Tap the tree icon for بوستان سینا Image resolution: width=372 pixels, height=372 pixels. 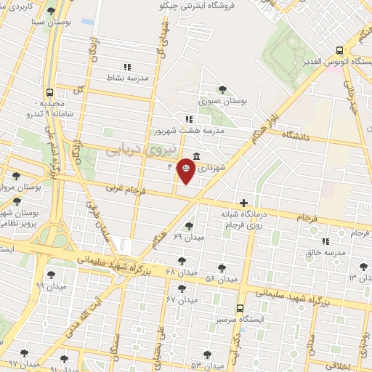pyautogui.click(x=50, y=12)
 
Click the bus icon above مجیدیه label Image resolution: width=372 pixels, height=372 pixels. pyautogui.click(x=49, y=92)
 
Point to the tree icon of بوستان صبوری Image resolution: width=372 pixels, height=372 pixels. pyautogui.click(x=222, y=89)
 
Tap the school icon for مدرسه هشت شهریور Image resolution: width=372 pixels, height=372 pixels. pyautogui.click(x=189, y=119)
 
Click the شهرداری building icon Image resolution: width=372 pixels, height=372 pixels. pyautogui.click(x=198, y=155)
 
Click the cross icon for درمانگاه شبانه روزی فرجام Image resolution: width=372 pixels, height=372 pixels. pyautogui.click(x=243, y=202)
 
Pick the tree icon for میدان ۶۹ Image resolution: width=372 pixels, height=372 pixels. pyautogui.click(x=190, y=225)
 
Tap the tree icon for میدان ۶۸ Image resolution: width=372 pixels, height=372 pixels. pyautogui.click(x=182, y=260)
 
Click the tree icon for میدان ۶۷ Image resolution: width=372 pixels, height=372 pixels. pyautogui.click(x=182, y=288)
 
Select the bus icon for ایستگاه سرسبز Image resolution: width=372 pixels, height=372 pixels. pyautogui.click(x=240, y=308)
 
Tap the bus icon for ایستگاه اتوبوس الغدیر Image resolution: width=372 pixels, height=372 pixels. pyautogui.click(x=340, y=51)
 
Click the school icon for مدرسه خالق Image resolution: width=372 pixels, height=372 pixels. pyautogui.click(x=325, y=240)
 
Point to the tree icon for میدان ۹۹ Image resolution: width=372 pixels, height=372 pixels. pyautogui.click(x=50, y=274)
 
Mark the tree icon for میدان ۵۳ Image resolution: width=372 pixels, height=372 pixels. pyautogui.click(x=207, y=354)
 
